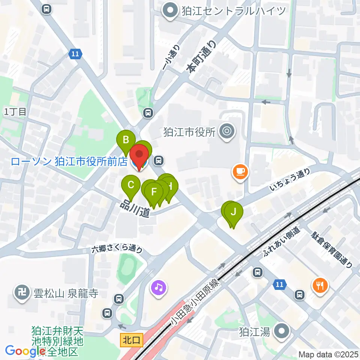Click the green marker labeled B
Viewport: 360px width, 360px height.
[x=126, y=141]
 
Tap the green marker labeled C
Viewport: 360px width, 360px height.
[x=131, y=185]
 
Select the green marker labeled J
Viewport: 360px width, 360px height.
[x=234, y=212]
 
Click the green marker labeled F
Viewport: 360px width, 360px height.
[x=154, y=192]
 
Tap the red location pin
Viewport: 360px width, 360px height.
[x=139, y=154]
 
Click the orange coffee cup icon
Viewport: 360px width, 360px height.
[x=240, y=172]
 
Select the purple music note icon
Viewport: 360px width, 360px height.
[x=159, y=288]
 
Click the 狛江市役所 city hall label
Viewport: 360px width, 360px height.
[x=189, y=132]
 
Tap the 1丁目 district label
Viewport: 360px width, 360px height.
[x=15, y=111]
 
